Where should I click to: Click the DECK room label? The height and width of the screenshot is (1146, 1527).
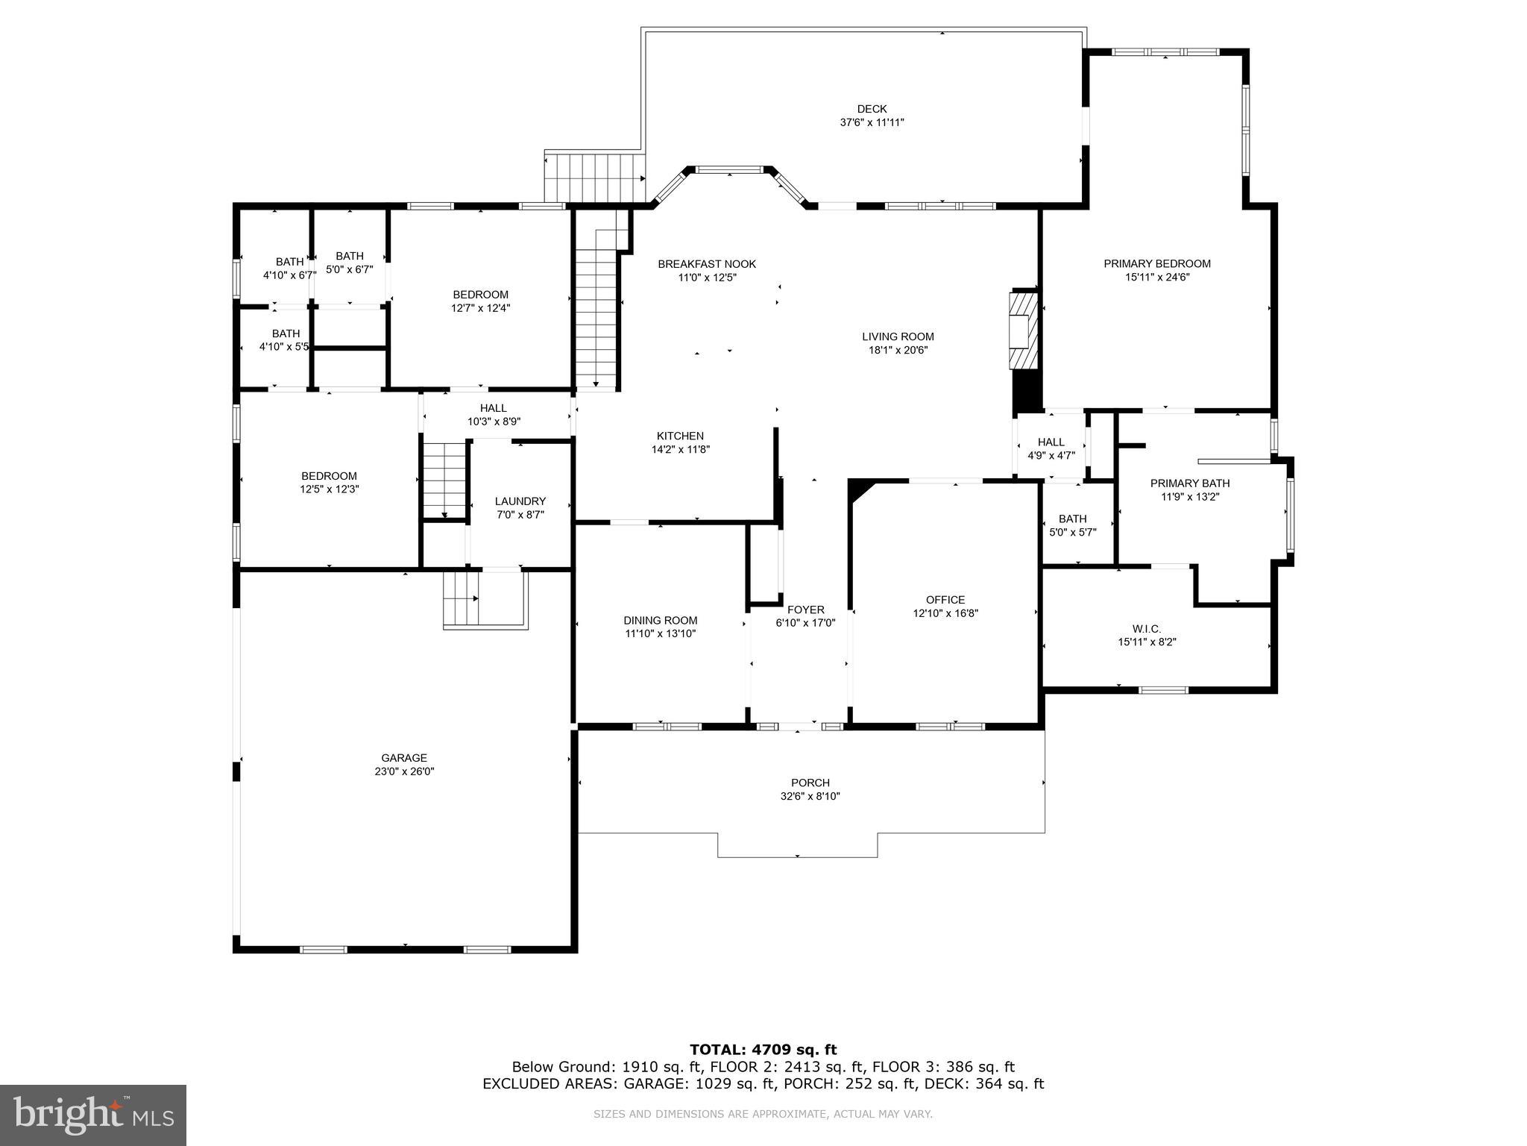point(872,109)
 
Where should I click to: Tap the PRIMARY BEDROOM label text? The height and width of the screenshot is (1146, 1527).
point(1157,263)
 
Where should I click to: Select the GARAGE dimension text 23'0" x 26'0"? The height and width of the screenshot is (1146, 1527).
point(404,771)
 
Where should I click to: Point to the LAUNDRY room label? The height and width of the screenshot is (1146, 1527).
point(520,501)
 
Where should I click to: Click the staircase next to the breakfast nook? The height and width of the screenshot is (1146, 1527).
point(596,313)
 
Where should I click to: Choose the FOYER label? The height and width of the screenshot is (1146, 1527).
point(805,610)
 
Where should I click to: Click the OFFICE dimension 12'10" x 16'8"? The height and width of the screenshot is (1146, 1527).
point(945,613)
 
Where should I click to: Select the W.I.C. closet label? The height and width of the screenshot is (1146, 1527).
point(1146,629)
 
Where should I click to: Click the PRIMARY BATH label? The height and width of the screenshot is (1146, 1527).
point(1190,483)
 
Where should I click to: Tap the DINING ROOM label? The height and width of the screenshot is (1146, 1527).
point(661,620)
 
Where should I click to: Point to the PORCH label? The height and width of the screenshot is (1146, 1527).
point(810,783)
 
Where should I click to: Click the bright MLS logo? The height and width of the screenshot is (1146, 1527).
point(93,1115)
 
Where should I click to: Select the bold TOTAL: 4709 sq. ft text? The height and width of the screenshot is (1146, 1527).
point(763,1050)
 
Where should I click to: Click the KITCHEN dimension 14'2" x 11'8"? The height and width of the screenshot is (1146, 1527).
point(680,449)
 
